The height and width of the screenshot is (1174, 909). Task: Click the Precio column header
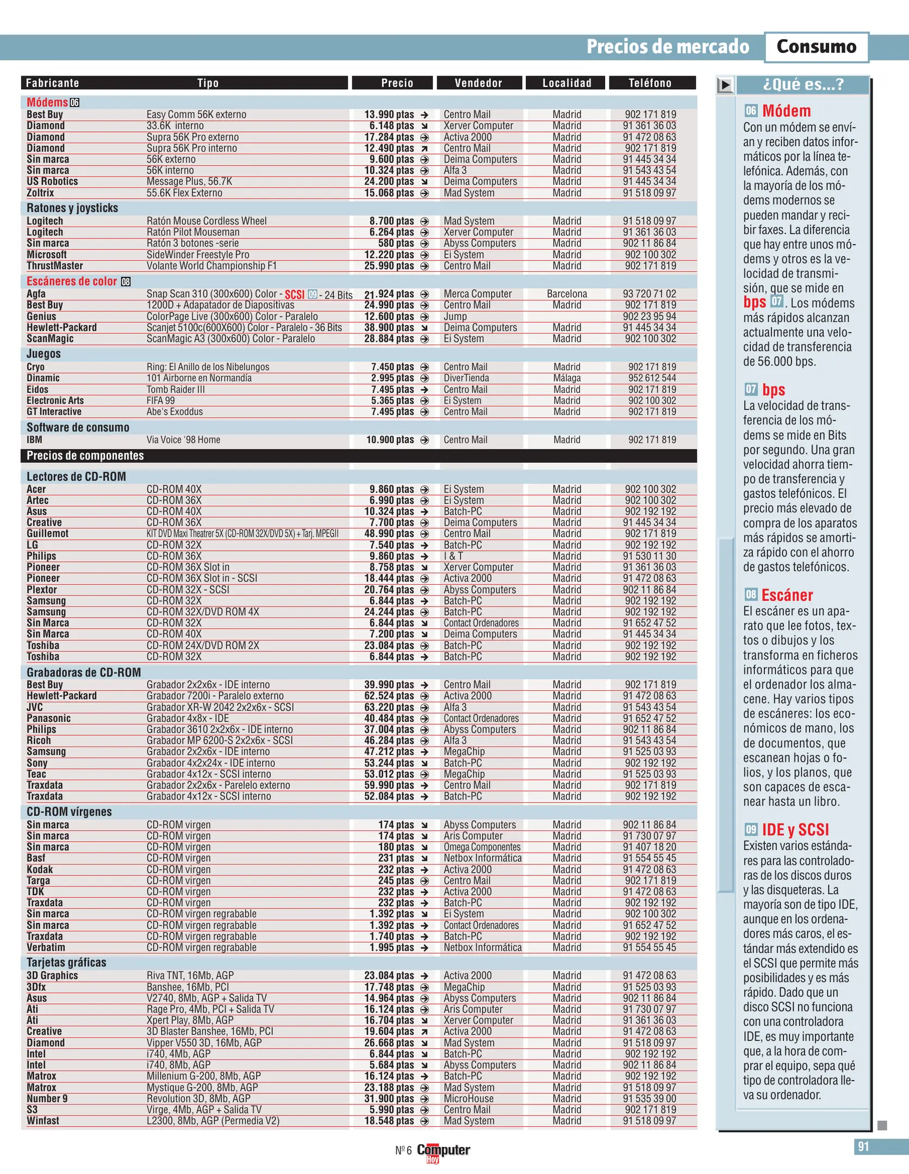[396, 83]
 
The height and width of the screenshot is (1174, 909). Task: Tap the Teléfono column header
[650, 83]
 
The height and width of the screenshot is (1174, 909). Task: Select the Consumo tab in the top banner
[816, 47]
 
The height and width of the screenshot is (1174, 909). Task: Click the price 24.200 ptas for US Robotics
[389, 182]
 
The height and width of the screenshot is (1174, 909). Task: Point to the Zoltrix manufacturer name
[40, 193]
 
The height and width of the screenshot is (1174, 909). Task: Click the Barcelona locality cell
[566, 294]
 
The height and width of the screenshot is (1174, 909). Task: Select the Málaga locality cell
[566, 378]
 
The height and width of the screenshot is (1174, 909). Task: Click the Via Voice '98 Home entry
[183, 440]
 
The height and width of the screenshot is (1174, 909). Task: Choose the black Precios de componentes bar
[358, 455]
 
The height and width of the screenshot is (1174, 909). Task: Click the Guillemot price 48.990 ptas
[389, 534]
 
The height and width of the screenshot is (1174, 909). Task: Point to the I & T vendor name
[453, 556]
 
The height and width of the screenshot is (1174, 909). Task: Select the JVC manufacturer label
[35, 707]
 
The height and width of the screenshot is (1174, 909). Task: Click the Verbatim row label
[46, 947]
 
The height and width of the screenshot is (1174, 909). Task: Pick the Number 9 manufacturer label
[47, 1098]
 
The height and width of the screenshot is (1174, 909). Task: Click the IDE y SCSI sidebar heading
[795, 830]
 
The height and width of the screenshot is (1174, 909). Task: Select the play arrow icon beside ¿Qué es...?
[725, 85]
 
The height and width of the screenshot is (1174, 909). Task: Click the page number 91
[863, 1147]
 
